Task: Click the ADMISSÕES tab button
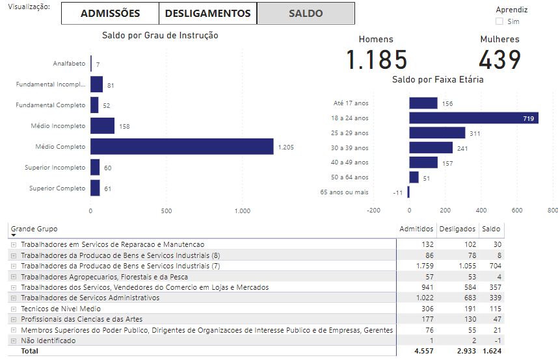pos(110,13)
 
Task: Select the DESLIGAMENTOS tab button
pos(207,13)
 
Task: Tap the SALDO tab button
pos(306,13)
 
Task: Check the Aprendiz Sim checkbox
pos(499,21)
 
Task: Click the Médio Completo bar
pos(181,146)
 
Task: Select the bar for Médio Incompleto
pos(102,125)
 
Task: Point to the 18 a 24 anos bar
pos(473,118)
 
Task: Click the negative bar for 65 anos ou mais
pos(408,192)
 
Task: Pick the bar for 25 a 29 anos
pos(437,133)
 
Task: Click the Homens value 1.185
pos(377,60)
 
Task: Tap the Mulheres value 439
pos(499,60)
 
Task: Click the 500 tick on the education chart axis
pos(166,211)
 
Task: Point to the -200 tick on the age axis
pos(373,211)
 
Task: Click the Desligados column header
pos(457,229)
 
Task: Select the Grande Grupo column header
pos(34,229)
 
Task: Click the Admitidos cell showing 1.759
pos(420,266)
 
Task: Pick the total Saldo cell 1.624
pos(491,351)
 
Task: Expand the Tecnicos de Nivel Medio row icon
pos(14,309)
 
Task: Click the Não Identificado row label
pos(48,341)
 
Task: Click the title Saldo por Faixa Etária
pos(437,79)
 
